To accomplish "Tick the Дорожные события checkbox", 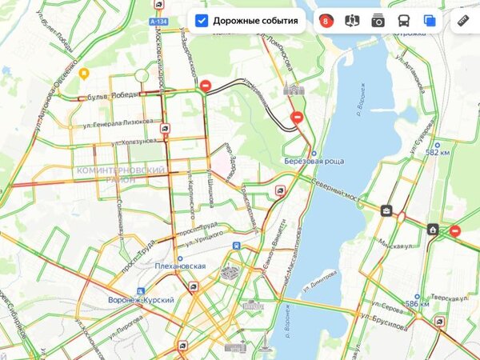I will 202,21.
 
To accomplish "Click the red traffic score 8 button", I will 326,21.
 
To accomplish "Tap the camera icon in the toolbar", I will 378,21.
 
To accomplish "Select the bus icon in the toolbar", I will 404,21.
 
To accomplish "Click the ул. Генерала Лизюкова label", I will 118,122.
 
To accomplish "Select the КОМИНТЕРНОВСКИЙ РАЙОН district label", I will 121,175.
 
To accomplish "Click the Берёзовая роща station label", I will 314,161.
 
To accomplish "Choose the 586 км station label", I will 417,304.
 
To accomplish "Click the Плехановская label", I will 181,266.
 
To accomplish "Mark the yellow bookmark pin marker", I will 84,73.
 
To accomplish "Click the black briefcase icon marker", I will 386,210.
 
